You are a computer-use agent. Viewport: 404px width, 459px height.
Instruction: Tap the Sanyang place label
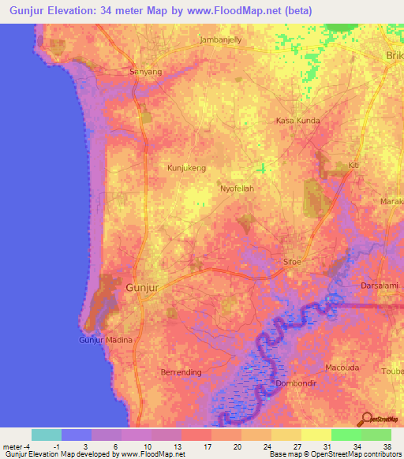click(x=145, y=71)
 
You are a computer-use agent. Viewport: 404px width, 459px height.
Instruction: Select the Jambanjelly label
click(x=221, y=39)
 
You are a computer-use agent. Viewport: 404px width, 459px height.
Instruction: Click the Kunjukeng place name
click(x=187, y=168)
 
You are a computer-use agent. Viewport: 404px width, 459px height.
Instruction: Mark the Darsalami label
click(x=381, y=285)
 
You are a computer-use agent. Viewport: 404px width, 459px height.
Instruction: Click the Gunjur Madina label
click(x=106, y=340)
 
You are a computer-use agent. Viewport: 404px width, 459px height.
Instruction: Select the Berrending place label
click(x=183, y=370)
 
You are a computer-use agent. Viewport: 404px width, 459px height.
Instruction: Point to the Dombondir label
click(x=296, y=383)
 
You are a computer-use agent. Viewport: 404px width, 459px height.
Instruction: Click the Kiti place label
click(x=353, y=166)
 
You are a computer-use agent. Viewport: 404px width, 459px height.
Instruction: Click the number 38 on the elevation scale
click(x=387, y=446)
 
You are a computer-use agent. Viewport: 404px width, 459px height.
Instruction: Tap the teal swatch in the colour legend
click(x=47, y=435)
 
